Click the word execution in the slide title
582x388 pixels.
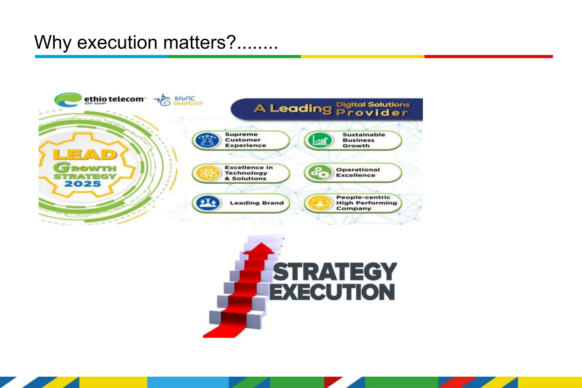click(117, 43)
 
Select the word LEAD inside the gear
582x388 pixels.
click(85, 155)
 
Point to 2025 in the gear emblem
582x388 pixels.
click(83, 184)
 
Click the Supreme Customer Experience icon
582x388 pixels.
click(207, 140)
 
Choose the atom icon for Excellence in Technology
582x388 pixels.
click(207, 173)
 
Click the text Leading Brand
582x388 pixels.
click(257, 203)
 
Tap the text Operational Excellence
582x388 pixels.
click(357, 173)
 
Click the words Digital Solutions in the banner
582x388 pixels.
click(373, 105)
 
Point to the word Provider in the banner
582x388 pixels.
click(372, 113)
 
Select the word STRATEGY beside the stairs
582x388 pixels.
click(334, 272)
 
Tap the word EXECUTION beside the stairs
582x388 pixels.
click(332, 292)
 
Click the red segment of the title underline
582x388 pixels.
click(488, 57)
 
